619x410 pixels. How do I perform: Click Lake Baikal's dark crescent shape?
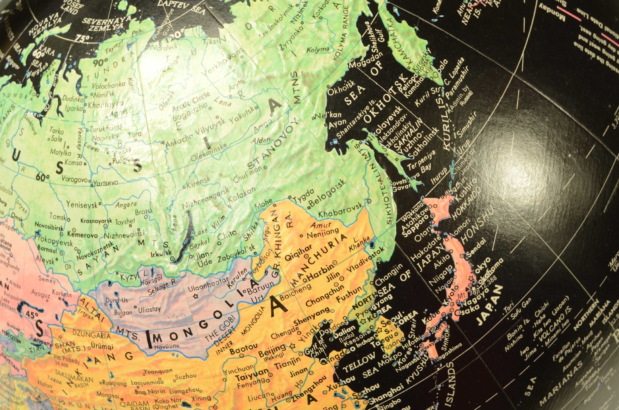coord(183,242)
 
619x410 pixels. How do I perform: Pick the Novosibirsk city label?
coord(49,227)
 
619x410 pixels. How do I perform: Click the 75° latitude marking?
coord(82,38)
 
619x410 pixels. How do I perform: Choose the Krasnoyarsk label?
coord(96,221)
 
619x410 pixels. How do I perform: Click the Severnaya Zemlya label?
coord(107,24)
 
